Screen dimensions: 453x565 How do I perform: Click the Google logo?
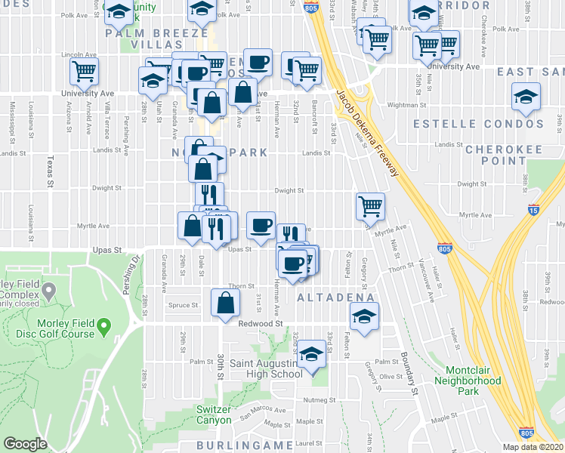[25, 444]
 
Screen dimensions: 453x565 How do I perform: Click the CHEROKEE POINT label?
[505, 155]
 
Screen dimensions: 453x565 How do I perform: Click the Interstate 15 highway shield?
[534, 211]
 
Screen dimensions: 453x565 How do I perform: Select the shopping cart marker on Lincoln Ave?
[84, 72]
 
